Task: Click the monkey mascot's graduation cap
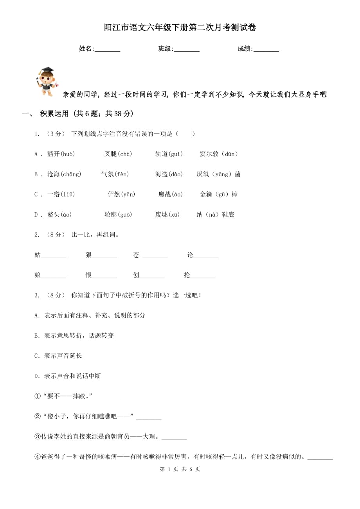point(47,70)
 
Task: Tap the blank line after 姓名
point(108,49)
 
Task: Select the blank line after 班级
point(187,49)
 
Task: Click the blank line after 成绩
point(266,49)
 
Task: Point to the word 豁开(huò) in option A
point(61,154)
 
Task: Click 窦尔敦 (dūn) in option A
point(219,154)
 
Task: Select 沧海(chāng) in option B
point(64,174)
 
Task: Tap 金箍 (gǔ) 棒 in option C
point(219,194)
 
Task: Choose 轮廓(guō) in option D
point(118,215)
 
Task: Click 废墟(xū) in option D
point(167,215)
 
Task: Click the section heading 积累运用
point(54,114)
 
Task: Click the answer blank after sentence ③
point(174,438)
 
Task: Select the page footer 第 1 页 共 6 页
point(180,469)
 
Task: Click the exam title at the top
point(180,28)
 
